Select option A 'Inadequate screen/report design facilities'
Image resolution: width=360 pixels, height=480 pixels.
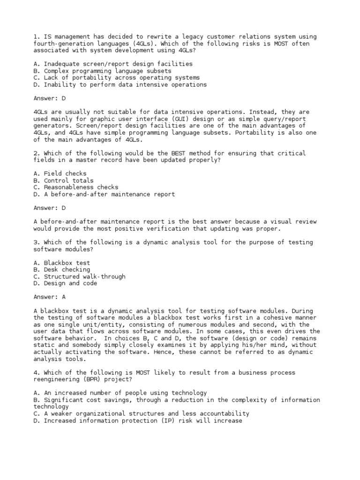pyautogui.click(x=112, y=64)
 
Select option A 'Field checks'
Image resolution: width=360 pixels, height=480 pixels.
pyautogui.click(x=60, y=173)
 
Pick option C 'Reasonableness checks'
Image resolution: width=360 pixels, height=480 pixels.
pyautogui.click(x=75, y=187)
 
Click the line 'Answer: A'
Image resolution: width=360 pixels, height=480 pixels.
pyautogui.click(x=50, y=297)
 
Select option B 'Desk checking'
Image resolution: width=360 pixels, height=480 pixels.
pyautogui.click(x=61, y=270)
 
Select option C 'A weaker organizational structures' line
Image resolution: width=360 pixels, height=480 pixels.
pyautogui.click(x=141, y=414)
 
